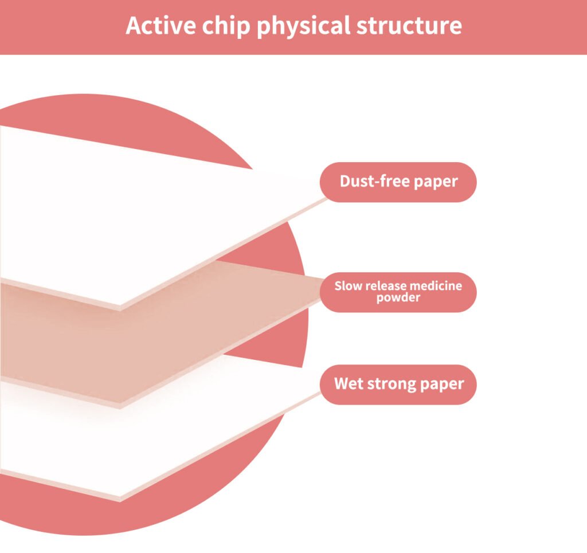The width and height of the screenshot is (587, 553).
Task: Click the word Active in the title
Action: click(161, 25)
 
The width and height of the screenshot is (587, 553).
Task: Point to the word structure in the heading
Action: click(409, 26)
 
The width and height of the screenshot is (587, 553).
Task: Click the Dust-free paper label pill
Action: click(398, 182)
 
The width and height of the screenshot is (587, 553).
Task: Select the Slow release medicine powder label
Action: click(398, 292)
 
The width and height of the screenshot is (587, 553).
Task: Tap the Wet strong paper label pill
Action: click(398, 385)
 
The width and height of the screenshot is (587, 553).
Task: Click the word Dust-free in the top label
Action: click(375, 181)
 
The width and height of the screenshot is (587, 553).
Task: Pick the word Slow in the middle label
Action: click(348, 286)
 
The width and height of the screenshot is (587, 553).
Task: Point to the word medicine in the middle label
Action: click(436, 286)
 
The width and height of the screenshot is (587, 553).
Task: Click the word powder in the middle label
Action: click(398, 298)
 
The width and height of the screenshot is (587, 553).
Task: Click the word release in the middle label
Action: click(385, 286)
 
